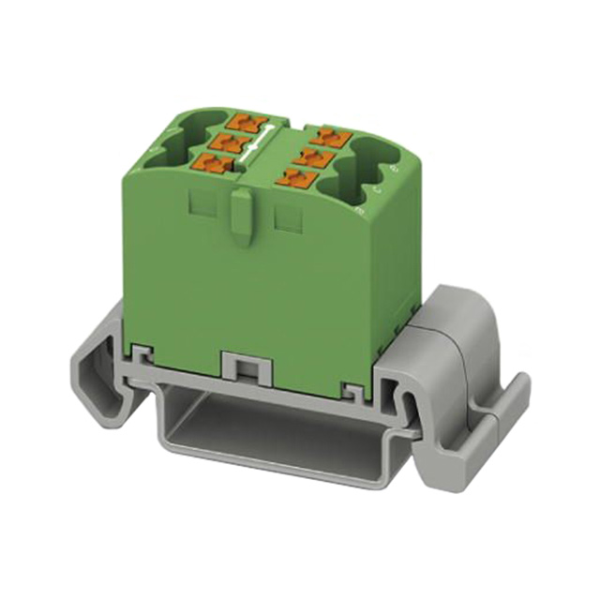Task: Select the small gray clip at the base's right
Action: point(353,388)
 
